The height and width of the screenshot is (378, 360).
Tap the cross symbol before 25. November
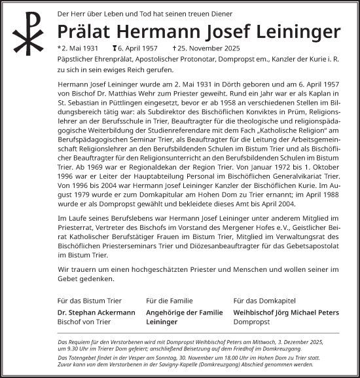tap(174, 48)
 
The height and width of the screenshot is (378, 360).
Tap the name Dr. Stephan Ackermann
tap(96, 312)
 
